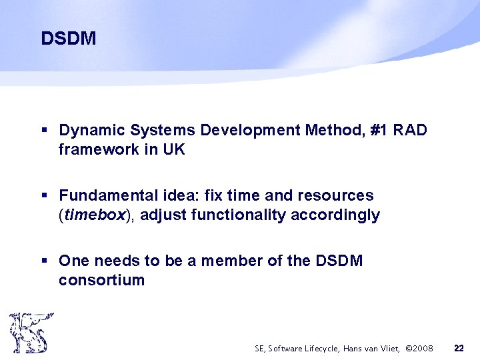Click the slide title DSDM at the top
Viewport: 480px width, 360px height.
click(x=68, y=39)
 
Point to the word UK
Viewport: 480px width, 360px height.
click(x=173, y=150)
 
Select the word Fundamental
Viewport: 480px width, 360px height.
click(x=107, y=196)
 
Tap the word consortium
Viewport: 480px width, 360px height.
click(x=101, y=279)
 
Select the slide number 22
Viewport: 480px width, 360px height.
click(x=459, y=348)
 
